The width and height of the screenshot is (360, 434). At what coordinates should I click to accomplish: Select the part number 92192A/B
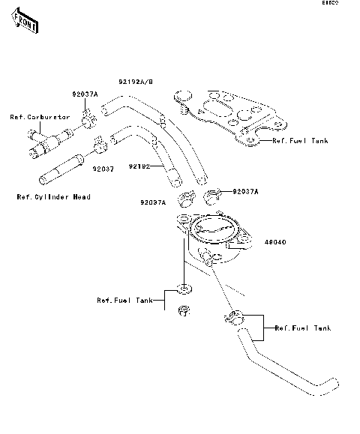coord(136,81)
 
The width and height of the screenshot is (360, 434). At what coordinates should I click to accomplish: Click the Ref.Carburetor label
coord(39,117)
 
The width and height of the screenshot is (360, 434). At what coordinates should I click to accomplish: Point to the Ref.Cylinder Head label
coord(53,197)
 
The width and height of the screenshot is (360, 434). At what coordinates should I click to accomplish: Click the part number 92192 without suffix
coord(139,166)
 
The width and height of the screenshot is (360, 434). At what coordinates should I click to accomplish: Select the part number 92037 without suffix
coord(103,169)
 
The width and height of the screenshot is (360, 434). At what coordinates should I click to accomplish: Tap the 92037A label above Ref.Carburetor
coord(85,94)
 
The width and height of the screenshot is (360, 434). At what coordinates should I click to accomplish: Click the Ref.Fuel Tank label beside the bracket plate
coord(300,140)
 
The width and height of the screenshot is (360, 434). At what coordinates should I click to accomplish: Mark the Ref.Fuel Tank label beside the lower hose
coord(303,328)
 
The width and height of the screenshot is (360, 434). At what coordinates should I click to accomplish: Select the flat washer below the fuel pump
coord(182,288)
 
